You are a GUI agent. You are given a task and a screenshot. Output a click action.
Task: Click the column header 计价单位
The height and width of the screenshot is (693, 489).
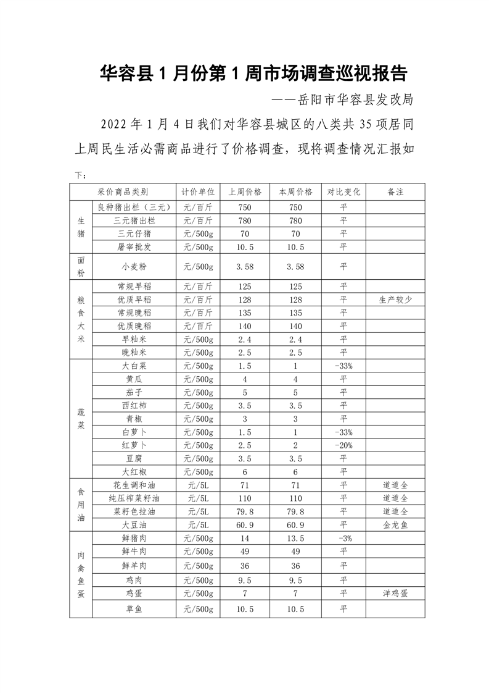click(x=198, y=191)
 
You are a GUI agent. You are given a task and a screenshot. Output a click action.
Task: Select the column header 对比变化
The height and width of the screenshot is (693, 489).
click(x=343, y=191)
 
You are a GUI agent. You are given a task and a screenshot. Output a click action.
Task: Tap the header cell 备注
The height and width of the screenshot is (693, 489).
click(x=395, y=191)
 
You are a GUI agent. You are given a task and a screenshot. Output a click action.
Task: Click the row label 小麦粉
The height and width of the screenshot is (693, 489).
click(x=134, y=267)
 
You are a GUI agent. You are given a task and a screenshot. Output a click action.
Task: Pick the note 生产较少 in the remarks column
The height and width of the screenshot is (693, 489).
click(x=395, y=300)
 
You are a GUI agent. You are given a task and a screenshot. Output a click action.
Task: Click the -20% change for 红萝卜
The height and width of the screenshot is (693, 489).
click(x=343, y=445)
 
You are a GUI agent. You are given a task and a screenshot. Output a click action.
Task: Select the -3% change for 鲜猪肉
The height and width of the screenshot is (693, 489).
click(x=343, y=538)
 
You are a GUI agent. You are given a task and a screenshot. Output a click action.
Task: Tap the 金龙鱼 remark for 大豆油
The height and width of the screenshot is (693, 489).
click(x=395, y=524)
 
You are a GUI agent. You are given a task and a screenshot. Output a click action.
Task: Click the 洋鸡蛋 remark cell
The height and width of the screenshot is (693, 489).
click(x=395, y=593)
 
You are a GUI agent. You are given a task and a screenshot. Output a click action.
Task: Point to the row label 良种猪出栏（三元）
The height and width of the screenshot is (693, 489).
click(x=134, y=207)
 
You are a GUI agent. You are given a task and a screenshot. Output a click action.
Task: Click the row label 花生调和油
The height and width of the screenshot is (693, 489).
click(x=134, y=485)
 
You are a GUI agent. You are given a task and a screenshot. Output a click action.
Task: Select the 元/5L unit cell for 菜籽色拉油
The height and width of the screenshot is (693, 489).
click(x=198, y=511)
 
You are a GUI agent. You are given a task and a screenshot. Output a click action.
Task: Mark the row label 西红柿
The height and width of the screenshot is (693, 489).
click(x=134, y=406)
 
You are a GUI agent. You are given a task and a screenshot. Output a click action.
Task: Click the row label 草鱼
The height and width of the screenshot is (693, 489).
click(x=134, y=610)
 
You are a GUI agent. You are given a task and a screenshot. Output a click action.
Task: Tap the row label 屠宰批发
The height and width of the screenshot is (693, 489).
click(x=134, y=247)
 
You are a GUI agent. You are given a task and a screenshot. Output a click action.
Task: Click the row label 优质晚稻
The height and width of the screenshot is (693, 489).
click(x=134, y=325)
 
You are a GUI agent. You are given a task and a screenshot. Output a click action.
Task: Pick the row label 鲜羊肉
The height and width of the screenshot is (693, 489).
click(x=134, y=566)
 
